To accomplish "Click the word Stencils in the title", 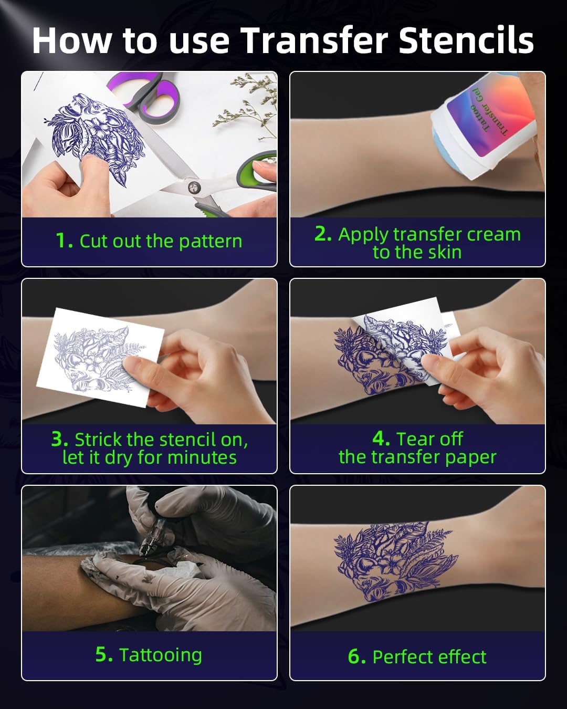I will click(x=466, y=41).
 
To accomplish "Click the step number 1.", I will click(x=64, y=241).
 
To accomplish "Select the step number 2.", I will click(x=322, y=234).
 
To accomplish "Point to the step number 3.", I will click(x=59, y=439).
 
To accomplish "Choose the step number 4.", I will click(x=381, y=439).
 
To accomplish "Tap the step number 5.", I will click(x=103, y=654).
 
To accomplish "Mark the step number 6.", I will click(x=356, y=656).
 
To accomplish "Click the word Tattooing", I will click(x=160, y=655).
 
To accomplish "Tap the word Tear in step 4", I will click(x=414, y=439).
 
